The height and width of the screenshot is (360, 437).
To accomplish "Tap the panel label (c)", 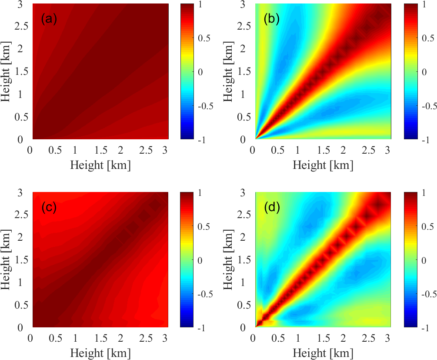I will point(49,207).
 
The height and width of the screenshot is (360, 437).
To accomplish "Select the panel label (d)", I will point(272,207).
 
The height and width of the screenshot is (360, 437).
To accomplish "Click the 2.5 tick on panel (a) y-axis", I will point(19,26).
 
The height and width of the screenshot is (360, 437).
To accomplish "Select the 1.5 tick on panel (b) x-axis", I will point(320,150).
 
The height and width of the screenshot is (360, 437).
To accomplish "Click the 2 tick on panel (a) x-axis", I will point(120,150).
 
